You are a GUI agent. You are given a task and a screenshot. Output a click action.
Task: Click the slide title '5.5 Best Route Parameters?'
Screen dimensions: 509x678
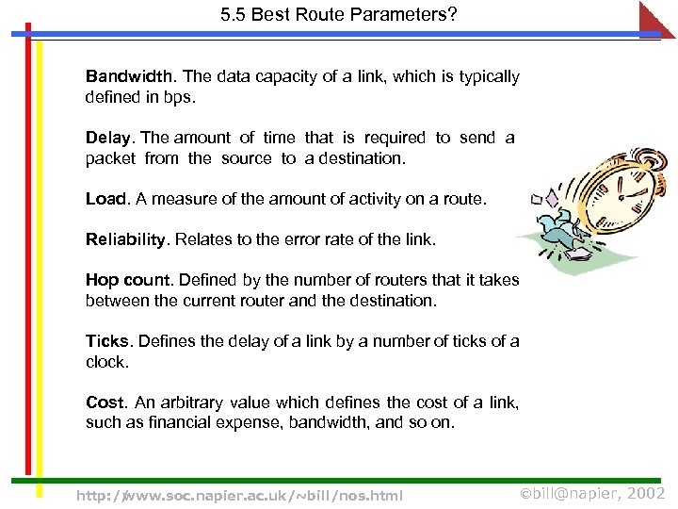tap(338, 15)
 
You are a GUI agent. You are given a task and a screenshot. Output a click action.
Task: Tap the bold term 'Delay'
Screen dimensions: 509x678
tap(110, 138)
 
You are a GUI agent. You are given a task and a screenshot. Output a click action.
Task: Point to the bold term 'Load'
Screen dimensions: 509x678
tap(106, 199)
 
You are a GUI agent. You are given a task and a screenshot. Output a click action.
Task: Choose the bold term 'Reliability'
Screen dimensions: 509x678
tap(126, 239)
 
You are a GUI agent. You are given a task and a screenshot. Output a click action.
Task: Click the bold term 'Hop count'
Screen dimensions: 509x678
tap(129, 280)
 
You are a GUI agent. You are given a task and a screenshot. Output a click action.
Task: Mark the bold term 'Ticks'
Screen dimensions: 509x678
tap(107, 341)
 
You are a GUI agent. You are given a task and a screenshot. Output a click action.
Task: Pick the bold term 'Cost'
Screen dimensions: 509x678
tap(105, 402)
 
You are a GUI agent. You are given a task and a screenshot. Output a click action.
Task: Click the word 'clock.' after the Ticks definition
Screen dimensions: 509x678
tap(105, 362)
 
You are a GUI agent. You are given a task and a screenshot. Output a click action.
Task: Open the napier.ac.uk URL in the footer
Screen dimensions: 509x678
tap(239, 495)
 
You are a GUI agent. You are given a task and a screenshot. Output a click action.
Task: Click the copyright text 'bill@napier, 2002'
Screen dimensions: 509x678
tap(592, 494)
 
